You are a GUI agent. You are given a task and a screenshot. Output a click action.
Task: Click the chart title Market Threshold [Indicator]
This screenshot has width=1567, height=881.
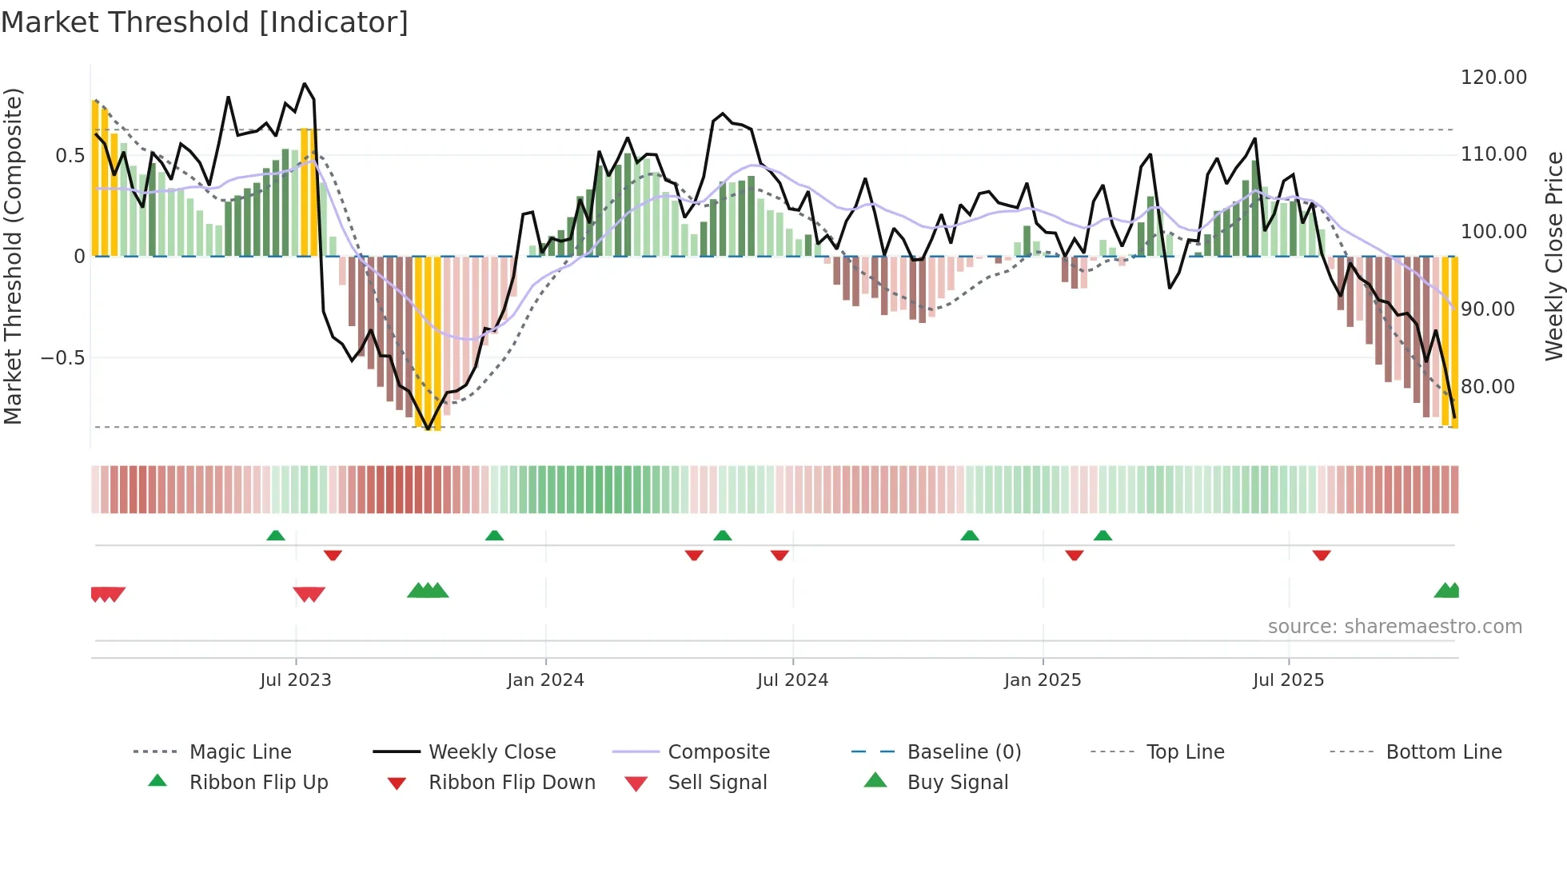pyautogui.click(x=205, y=22)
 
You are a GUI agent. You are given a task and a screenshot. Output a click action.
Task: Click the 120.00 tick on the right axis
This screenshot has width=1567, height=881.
pyautogui.click(x=1493, y=78)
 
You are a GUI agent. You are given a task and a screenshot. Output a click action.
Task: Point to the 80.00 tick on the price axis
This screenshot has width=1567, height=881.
pyautogui.click(x=1487, y=387)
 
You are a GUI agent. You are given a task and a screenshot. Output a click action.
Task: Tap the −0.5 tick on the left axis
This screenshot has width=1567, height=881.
pyautogui.click(x=63, y=357)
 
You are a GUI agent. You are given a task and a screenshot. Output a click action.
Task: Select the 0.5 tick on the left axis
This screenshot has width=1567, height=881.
pyautogui.click(x=70, y=155)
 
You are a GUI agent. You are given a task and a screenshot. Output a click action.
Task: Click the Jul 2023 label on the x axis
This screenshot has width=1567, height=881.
pyautogui.click(x=295, y=680)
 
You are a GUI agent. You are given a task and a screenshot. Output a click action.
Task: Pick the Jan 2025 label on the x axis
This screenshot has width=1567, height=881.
pyautogui.click(x=1042, y=680)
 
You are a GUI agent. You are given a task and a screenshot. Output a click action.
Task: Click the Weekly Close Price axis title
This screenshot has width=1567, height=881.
pyautogui.click(x=1553, y=256)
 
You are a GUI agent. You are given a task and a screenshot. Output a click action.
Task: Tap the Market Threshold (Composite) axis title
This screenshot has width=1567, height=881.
pyautogui.click(x=13, y=256)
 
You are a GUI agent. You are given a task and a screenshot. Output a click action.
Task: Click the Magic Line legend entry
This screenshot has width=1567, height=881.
pyautogui.click(x=240, y=752)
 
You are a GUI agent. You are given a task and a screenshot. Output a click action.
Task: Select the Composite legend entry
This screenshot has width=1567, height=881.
pyautogui.click(x=718, y=752)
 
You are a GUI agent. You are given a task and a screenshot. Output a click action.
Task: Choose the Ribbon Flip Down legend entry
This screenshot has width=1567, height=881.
pyautogui.click(x=512, y=783)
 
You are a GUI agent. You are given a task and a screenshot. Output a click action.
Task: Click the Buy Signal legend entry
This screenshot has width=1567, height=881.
pyautogui.click(x=957, y=783)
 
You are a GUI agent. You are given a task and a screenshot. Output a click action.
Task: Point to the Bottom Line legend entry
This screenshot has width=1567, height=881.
pyautogui.click(x=1443, y=752)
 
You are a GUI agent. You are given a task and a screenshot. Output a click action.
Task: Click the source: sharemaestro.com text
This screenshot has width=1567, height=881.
pyautogui.click(x=1394, y=627)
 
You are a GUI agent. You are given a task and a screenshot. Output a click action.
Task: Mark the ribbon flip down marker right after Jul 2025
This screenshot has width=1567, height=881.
pyautogui.click(x=1321, y=555)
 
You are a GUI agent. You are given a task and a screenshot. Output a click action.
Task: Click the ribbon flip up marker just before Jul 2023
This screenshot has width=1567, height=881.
pyautogui.click(x=276, y=535)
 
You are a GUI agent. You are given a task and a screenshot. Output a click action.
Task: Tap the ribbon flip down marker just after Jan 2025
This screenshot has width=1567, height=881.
pyautogui.click(x=1074, y=555)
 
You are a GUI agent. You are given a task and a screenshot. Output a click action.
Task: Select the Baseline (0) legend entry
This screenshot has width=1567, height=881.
pyautogui.click(x=963, y=752)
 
